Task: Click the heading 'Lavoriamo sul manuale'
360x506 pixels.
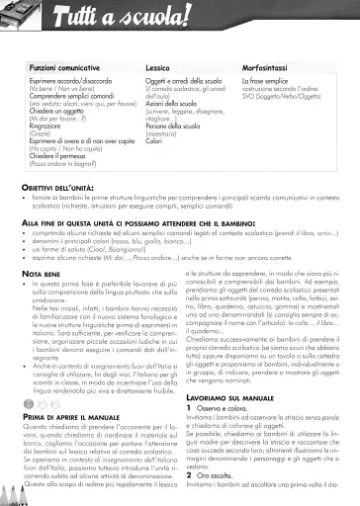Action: pyautogui.click(x=231, y=422)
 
